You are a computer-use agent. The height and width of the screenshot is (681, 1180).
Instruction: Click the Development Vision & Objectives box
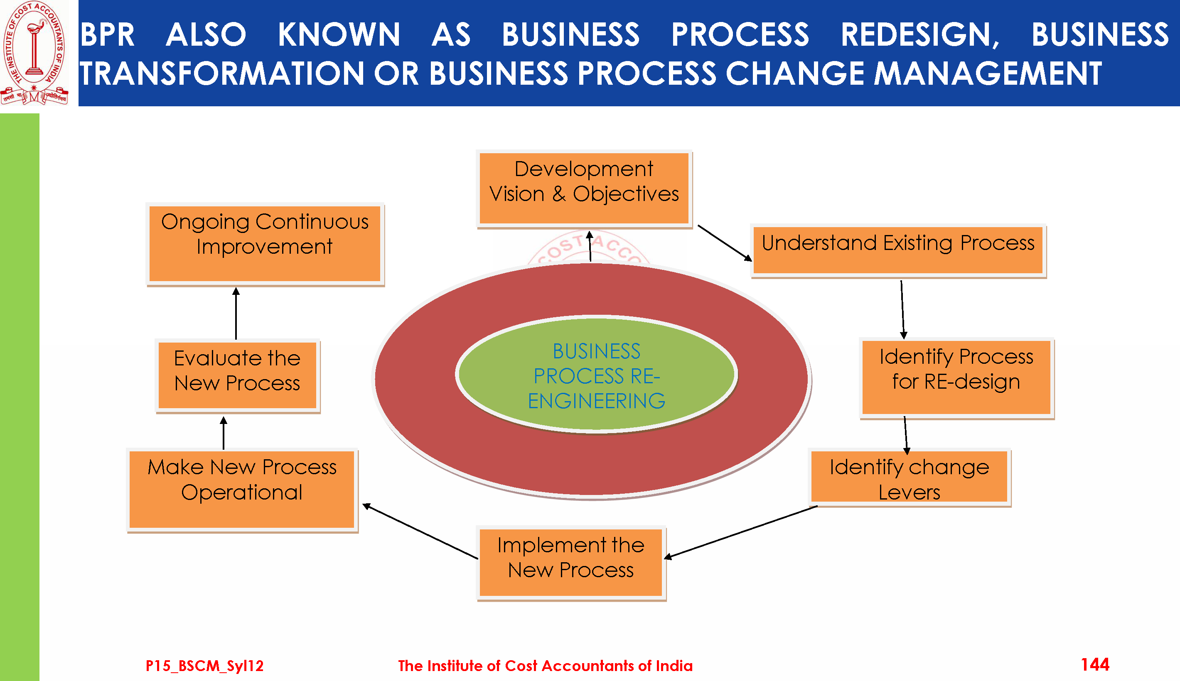point(584,188)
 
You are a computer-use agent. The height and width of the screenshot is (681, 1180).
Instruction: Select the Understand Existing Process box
point(898,250)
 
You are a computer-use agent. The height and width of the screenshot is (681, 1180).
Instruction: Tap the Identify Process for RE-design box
point(956,377)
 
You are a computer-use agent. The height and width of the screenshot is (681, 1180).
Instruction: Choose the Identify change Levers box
point(909,477)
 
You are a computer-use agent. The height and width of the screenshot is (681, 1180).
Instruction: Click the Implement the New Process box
point(571,563)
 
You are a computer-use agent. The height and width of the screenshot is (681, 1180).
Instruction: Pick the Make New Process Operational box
point(242,489)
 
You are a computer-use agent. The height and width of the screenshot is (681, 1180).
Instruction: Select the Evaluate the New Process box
point(237,375)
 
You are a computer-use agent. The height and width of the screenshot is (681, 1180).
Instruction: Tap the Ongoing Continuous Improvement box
point(265,244)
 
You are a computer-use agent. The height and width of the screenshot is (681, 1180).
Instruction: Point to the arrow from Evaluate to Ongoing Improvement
point(236,314)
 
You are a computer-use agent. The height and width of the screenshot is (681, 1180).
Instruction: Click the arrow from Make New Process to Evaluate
point(224,433)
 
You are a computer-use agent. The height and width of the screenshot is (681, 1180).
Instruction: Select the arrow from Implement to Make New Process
point(420,532)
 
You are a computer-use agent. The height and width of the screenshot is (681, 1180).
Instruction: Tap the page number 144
point(1095,664)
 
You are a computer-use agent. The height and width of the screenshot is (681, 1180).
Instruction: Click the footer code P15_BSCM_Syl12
point(204,666)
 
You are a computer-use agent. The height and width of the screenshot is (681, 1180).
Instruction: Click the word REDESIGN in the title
point(920,34)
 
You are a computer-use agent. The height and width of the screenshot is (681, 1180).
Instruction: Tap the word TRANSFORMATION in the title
point(221,74)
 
